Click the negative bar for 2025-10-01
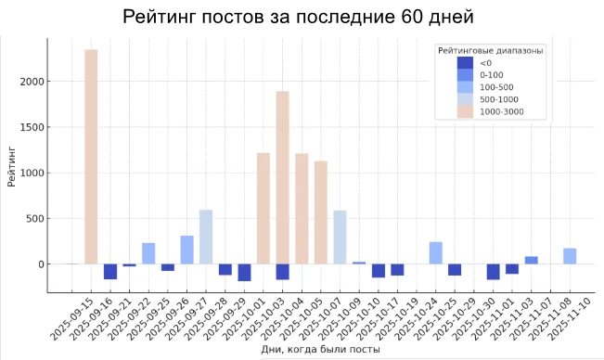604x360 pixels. click(245, 272)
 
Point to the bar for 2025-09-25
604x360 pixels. click(148, 253)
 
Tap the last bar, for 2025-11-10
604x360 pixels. click(570, 256)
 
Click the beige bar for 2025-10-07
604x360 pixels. click(321, 212)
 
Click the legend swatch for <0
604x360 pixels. click(465, 63)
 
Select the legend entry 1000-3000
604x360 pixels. click(501, 111)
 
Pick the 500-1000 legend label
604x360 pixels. click(498, 99)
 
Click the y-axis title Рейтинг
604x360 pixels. click(11, 164)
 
